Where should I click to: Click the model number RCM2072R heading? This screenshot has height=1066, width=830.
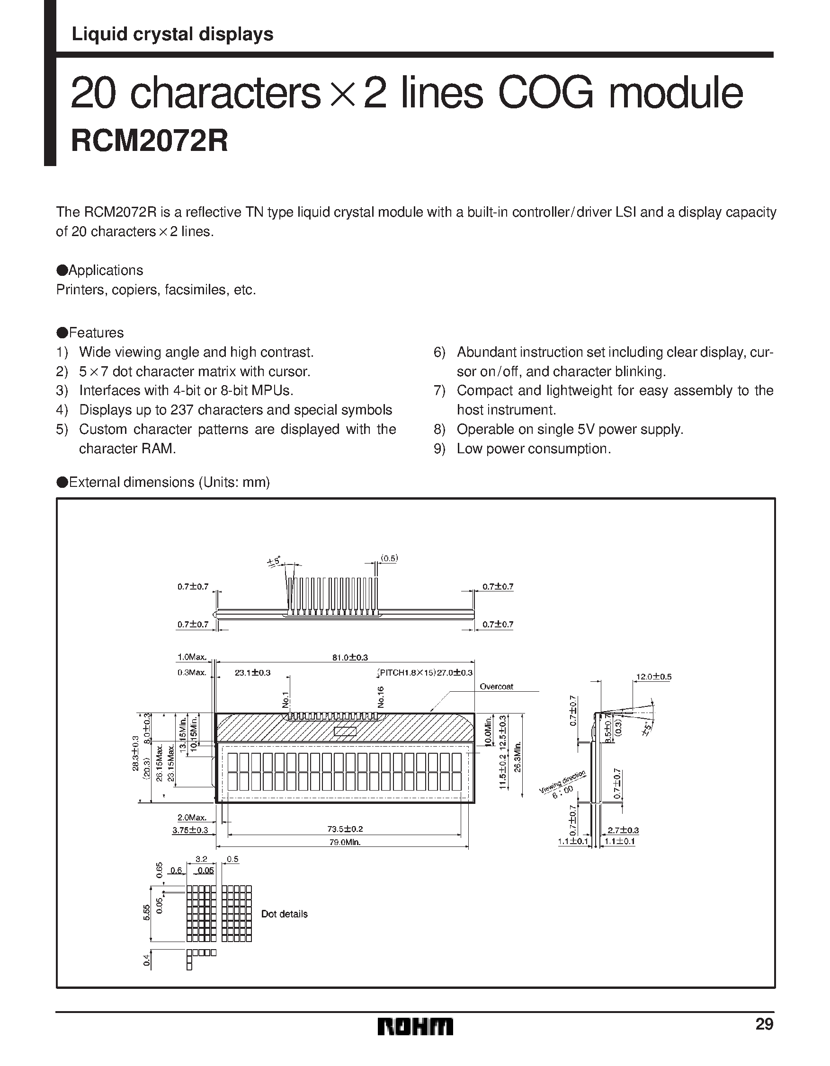pos(149,141)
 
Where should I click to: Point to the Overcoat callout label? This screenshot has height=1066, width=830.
pos(496,686)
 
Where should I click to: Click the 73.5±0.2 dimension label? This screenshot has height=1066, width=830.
pos(345,829)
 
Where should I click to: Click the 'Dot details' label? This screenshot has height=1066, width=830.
pos(284,914)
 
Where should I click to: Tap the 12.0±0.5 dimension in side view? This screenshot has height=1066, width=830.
pos(654,677)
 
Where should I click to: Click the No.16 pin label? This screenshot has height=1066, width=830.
pos(381,697)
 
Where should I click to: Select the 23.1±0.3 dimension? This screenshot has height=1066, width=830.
pos(252,672)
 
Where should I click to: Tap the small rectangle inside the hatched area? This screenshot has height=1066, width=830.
pos(345,731)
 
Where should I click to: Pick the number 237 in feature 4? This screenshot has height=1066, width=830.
pos(182,410)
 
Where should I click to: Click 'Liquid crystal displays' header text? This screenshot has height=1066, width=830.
pos(172,34)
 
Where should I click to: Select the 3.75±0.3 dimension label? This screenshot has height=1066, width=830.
pos(190,830)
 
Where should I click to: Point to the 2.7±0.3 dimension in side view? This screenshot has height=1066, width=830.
pos(623,830)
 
